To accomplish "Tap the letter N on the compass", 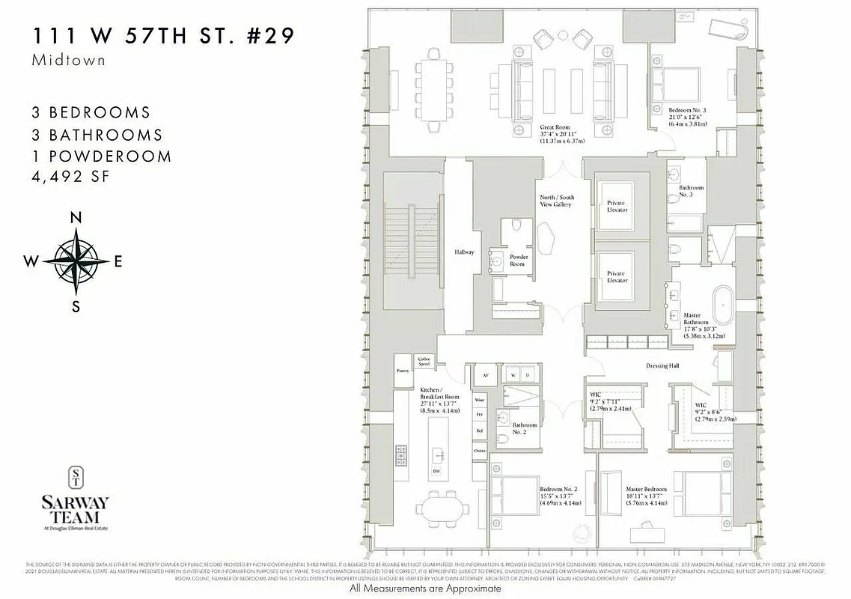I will (x=76, y=218).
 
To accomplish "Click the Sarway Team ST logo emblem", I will (x=76, y=478).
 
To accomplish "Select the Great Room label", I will (x=556, y=133).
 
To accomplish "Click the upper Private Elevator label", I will (x=616, y=206).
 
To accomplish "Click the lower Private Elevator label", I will (x=616, y=277).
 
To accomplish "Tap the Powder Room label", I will (x=519, y=260).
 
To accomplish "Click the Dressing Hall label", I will (x=662, y=366).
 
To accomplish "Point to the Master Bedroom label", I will (x=646, y=496).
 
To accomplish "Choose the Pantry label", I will (x=402, y=370).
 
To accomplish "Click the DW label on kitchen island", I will (x=436, y=472).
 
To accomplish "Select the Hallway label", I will (x=464, y=252).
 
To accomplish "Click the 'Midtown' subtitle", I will (x=68, y=61).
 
